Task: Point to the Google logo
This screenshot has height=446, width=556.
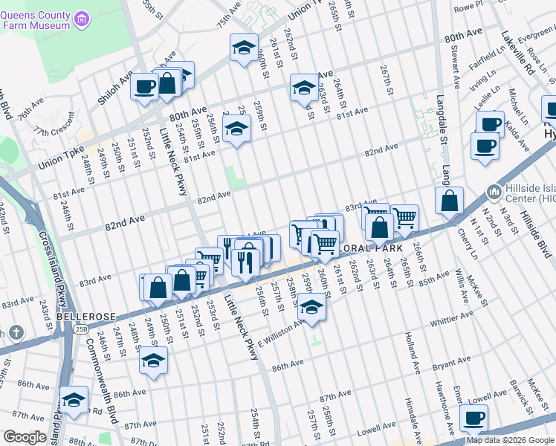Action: tap(25, 437)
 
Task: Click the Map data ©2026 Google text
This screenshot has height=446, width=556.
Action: tap(510, 440)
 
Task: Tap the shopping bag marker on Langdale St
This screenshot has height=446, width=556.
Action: tap(450, 201)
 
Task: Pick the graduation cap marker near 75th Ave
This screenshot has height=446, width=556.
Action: tap(244, 48)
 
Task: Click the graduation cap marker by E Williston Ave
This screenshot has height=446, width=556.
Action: tap(312, 308)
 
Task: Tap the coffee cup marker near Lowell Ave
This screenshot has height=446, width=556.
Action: tap(473, 418)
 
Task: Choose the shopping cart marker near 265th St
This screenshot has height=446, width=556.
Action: tap(404, 218)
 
